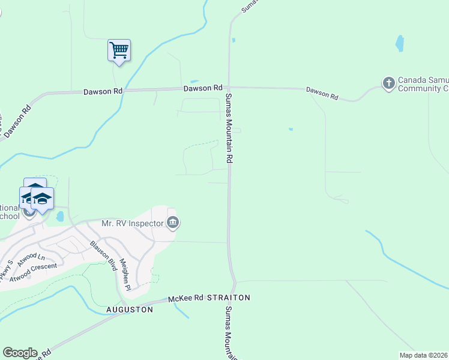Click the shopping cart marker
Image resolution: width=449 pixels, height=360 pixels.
pyautogui.click(x=119, y=50)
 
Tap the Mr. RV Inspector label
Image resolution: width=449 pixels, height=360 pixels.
pyautogui.click(x=132, y=223)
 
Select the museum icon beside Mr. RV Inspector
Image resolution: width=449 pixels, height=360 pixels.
pyautogui.click(x=172, y=223)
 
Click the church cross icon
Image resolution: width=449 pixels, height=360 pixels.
pyautogui.click(x=388, y=83)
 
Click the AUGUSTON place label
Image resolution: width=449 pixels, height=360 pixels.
pyautogui.click(x=130, y=310)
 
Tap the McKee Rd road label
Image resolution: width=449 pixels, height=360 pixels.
pyautogui.click(x=186, y=298)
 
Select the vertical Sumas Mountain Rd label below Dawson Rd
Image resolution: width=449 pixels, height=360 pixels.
pyautogui.click(x=229, y=128)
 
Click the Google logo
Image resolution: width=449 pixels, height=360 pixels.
pyautogui.click(x=20, y=353)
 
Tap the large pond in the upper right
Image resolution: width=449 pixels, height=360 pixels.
pyautogui.click(x=400, y=43)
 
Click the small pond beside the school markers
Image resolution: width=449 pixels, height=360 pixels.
pyautogui.click(x=60, y=216)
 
